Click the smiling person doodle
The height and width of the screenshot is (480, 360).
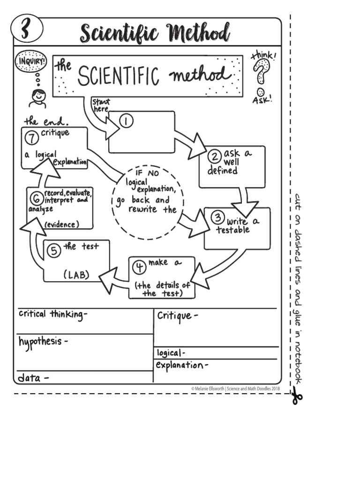point(37,98)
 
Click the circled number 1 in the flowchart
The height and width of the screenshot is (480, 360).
point(126,121)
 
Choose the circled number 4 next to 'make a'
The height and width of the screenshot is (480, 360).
point(139,267)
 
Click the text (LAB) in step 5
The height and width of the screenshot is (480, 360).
point(76,275)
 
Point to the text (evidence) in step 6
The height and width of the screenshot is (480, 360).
point(61,225)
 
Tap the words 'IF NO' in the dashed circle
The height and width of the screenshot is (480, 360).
point(147,172)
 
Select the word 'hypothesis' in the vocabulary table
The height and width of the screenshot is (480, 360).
point(40,341)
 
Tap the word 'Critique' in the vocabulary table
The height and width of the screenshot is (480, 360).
point(174,315)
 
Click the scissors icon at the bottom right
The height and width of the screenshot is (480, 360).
point(296,397)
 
